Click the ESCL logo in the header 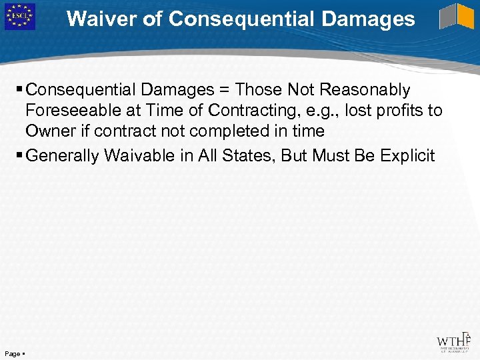click(19, 17)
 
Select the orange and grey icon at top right click(457, 17)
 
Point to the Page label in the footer click(12, 353)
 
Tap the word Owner click(49, 131)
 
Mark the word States click(245, 157)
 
